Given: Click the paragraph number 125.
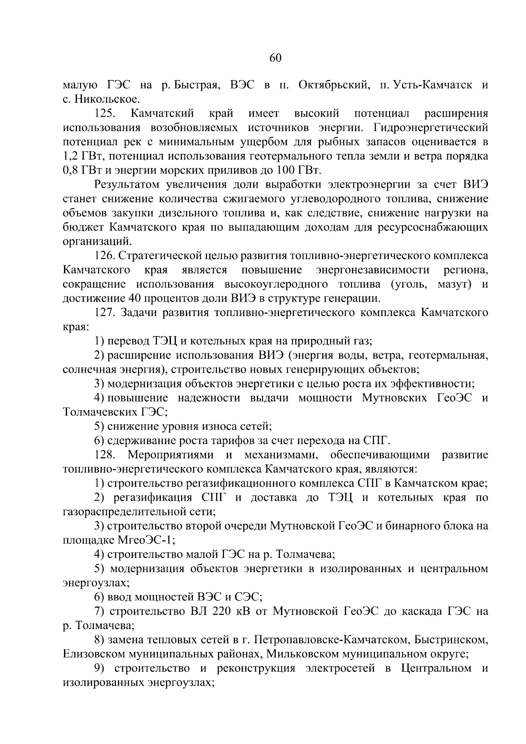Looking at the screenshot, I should click(105, 114).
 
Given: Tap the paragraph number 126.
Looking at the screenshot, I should click(105, 256).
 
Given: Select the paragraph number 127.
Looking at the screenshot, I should click(105, 313).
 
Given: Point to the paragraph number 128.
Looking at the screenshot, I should click(105, 455).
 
